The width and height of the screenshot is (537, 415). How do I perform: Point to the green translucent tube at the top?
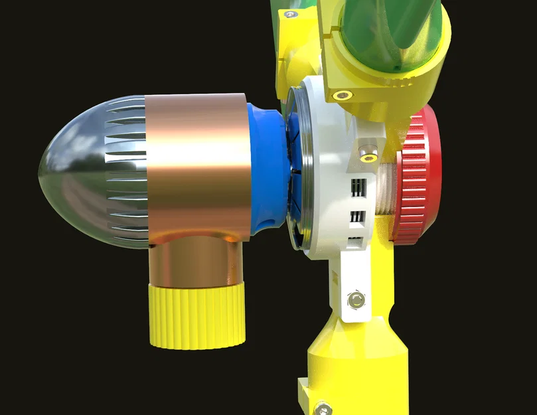[x=392, y=33]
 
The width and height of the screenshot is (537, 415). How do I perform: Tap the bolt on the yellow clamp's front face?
[x=343, y=95]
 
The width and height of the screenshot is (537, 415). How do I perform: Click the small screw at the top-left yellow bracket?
[x=288, y=13]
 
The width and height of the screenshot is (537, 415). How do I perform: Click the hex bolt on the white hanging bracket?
[x=357, y=300]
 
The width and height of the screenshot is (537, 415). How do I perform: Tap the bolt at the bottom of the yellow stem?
[x=323, y=406]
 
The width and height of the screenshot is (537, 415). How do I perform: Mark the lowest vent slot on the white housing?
[x=356, y=242]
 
